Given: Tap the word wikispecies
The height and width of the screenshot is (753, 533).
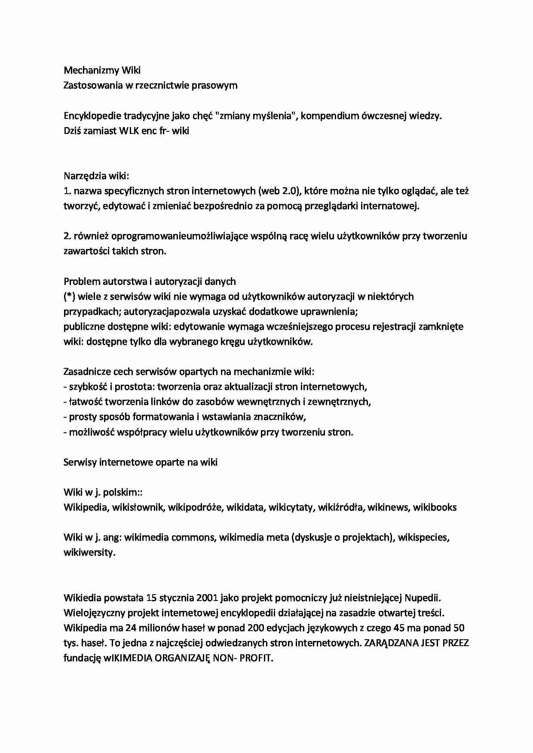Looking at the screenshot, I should tap(423, 537).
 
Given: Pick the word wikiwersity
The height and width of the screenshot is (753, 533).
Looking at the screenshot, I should tap(89, 553).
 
